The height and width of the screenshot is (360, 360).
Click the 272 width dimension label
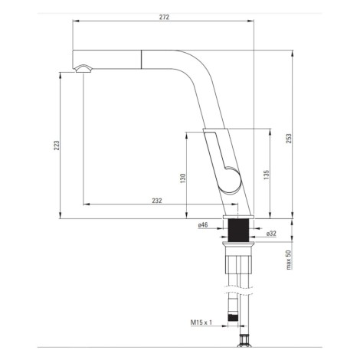click(x=164, y=17)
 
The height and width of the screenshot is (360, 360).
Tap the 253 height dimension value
click(x=289, y=139)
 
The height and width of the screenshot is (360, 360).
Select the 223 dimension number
click(x=57, y=146)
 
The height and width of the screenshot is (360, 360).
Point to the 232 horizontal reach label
click(x=157, y=201)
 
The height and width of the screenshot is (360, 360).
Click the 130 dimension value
click(x=183, y=178)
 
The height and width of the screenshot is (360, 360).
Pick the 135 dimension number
click(x=267, y=175)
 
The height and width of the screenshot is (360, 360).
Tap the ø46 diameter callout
click(x=203, y=224)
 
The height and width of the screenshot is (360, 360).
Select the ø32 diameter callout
click(x=271, y=234)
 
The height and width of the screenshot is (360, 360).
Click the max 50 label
click(x=289, y=260)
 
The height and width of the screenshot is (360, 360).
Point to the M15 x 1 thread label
click(x=201, y=322)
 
